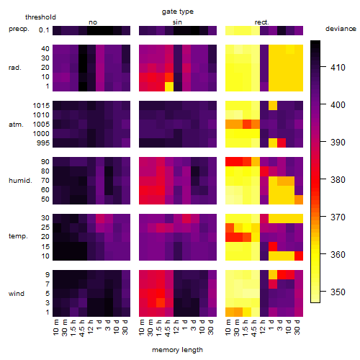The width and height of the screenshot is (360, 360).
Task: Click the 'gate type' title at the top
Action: click(178, 12)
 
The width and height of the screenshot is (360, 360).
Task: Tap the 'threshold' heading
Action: click(40, 17)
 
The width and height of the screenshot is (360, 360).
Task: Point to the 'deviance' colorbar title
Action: click(341, 29)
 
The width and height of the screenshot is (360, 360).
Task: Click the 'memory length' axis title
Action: click(177, 350)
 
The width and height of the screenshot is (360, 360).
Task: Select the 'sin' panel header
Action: click(177, 22)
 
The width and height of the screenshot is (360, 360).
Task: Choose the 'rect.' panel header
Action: click(261, 22)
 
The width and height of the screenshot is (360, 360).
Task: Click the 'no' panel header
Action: click(93, 22)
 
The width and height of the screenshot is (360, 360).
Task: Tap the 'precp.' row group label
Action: click(19, 29)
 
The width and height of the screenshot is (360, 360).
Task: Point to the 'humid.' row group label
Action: click(20, 180)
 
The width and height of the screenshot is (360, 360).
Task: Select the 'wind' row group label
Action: click(17, 293)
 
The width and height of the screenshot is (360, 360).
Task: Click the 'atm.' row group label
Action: click(16, 125)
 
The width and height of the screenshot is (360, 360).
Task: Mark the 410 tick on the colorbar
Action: click(323, 66)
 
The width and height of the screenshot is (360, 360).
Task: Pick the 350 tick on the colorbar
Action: click(323, 292)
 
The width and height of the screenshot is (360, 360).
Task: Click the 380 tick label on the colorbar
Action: click(338, 179)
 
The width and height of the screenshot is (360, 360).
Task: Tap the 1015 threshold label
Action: click(41, 106)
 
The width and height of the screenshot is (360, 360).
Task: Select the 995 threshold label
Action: click(43, 143)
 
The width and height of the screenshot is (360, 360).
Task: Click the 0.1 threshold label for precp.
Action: click(44, 30)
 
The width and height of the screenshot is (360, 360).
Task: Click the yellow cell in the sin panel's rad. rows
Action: click(169, 86)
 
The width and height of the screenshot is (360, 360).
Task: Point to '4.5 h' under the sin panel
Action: click(168, 328)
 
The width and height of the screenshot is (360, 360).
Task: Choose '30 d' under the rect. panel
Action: click(297, 327)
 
